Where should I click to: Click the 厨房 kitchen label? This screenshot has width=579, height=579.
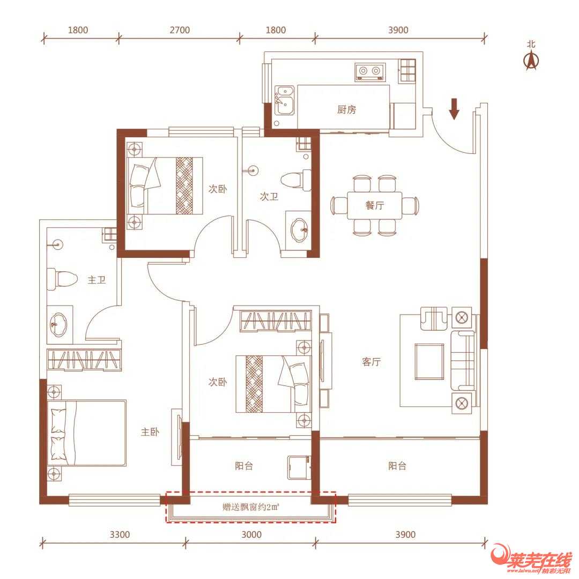(346, 110)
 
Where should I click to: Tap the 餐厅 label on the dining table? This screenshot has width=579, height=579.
(374, 205)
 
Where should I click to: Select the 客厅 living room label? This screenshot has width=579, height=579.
(371, 361)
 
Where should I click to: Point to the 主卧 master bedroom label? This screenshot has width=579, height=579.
(150, 432)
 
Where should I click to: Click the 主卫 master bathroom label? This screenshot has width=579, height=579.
(96, 280)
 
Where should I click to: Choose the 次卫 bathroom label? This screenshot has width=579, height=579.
(269, 196)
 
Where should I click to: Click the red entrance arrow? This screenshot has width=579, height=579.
(454, 109)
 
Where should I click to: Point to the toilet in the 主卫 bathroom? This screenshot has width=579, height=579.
(62, 279)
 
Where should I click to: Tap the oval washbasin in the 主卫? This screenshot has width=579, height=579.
(58, 325)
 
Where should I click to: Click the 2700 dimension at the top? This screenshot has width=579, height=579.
(180, 30)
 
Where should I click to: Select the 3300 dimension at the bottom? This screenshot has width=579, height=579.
(120, 535)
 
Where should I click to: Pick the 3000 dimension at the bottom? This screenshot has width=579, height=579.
(251, 535)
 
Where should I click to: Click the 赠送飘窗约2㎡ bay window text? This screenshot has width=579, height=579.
(251, 507)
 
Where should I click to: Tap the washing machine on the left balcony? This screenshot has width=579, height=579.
(299, 468)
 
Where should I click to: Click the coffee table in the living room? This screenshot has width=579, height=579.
(429, 362)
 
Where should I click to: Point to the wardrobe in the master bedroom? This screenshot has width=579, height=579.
(84, 359)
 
